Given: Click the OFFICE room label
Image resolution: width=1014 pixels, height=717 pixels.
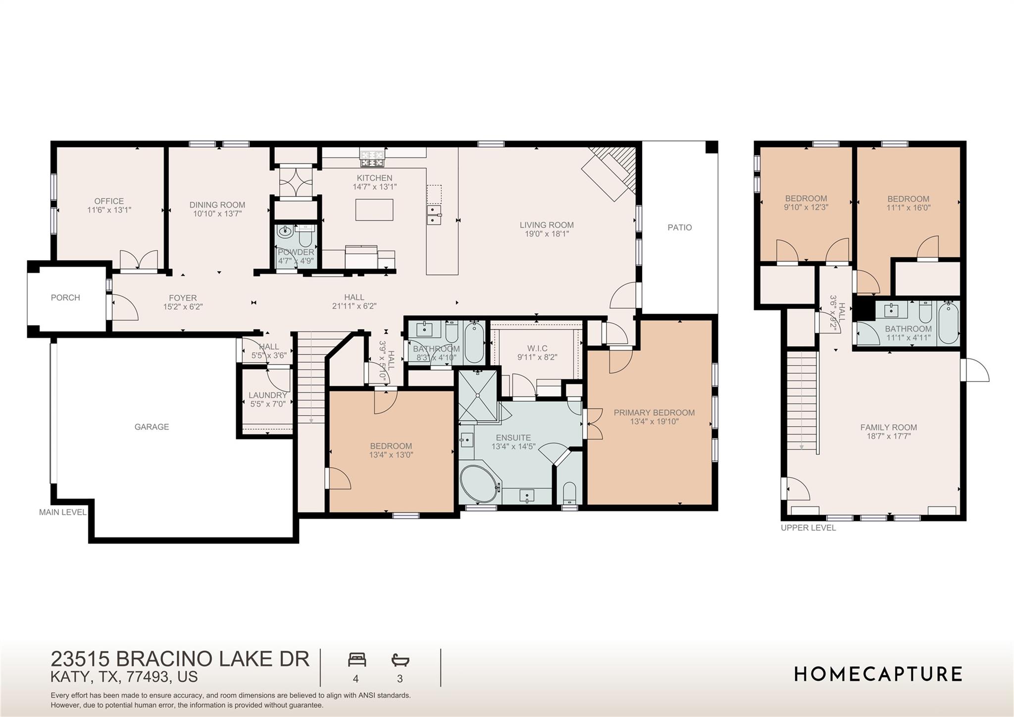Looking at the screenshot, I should tap(109, 201).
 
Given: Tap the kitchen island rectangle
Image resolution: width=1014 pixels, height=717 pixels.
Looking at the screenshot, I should tap(374, 210).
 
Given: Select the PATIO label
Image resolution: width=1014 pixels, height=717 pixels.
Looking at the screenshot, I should tap(679, 227).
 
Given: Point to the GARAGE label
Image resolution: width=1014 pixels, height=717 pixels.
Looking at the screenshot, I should tap(152, 427).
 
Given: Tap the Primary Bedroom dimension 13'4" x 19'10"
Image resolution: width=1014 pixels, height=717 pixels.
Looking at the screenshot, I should tap(654, 422).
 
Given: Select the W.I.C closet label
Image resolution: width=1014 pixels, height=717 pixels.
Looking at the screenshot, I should tap(537, 348).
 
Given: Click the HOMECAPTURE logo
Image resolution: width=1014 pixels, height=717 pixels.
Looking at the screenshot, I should tap(878, 674).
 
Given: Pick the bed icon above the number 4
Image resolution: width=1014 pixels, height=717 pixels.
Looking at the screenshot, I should tap(356, 660).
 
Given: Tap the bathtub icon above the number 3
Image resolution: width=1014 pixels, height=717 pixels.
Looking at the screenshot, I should tap(400, 660).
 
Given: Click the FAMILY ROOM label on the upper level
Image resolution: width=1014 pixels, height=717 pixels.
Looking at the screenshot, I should tap(888, 427).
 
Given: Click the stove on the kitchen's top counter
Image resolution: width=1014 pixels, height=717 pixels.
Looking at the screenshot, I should tap(372, 159).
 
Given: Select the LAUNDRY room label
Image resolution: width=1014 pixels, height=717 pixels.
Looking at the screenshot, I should tap(267, 395).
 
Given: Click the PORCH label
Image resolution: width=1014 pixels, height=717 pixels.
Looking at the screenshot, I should tap(65, 298).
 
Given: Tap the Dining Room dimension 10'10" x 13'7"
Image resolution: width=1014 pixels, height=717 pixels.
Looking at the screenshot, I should tap(217, 214).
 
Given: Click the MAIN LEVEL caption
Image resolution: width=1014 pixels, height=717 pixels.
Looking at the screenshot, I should tap(63, 512).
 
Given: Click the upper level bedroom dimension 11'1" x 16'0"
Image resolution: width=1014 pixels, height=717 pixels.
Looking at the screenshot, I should tap(908, 208).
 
